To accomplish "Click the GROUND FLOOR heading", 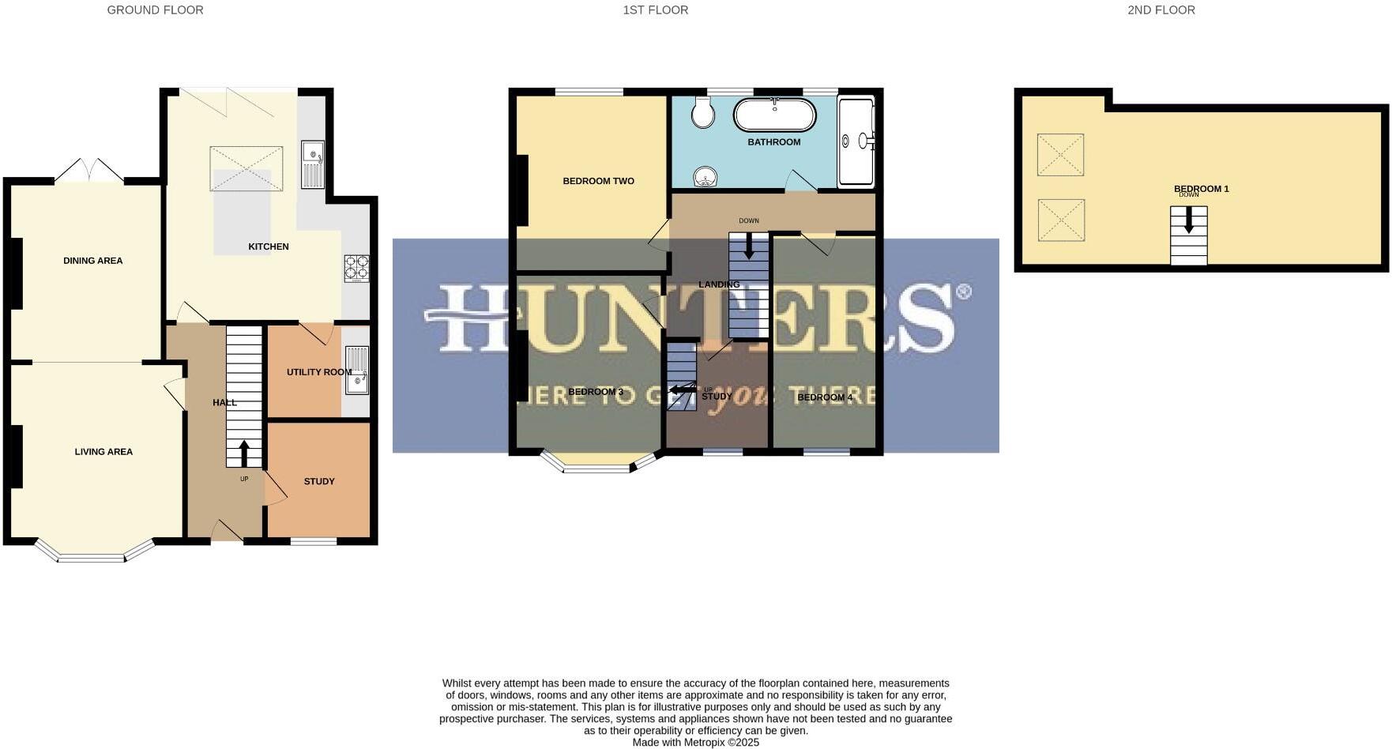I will click(x=155, y=10).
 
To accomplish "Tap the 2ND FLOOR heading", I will click(x=1161, y=10).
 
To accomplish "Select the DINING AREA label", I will click(x=92, y=261).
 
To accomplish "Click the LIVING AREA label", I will click(x=103, y=452).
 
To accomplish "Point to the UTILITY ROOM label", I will click(x=318, y=372).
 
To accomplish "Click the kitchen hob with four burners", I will click(x=356, y=267).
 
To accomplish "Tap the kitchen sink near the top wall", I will click(x=313, y=164).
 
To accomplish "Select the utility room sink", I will click(x=356, y=370).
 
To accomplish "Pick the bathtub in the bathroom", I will click(x=774, y=115).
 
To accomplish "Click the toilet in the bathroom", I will click(x=702, y=113).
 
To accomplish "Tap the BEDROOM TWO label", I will click(x=598, y=181).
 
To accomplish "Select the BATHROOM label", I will click(x=773, y=142).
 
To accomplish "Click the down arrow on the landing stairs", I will click(x=748, y=247).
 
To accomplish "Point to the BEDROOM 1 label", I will click(x=1201, y=189).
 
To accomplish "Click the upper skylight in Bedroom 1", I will click(x=1059, y=154).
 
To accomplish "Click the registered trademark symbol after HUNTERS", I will click(x=963, y=292).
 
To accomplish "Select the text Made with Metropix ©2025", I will click(x=695, y=743).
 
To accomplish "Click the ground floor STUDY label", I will click(x=319, y=481).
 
